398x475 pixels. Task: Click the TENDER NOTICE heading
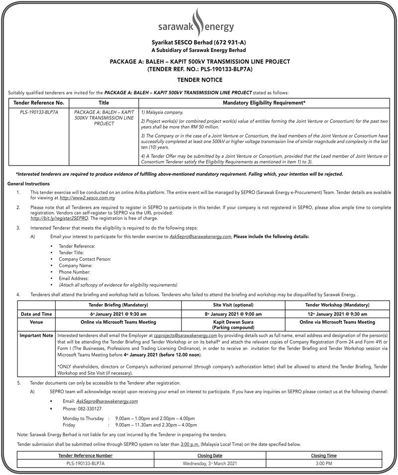[x=199, y=80]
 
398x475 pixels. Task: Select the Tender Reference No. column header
[x=39, y=102]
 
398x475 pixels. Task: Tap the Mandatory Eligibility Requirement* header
[x=265, y=102]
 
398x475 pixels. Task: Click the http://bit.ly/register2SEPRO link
[x=59, y=218]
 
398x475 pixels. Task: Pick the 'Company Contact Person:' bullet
[x=85, y=259]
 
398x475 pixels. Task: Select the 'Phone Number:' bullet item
[x=75, y=272]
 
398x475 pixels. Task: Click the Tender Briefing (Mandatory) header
[x=117, y=305]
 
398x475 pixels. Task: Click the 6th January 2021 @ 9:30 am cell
[x=117, y=314]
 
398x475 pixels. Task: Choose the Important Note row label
[x=36, y=336]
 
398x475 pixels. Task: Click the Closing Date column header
[x=210, y=456]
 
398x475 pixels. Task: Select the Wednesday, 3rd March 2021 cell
[x=210, y=464]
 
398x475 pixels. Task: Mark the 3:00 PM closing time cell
[x=324, y=464]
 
